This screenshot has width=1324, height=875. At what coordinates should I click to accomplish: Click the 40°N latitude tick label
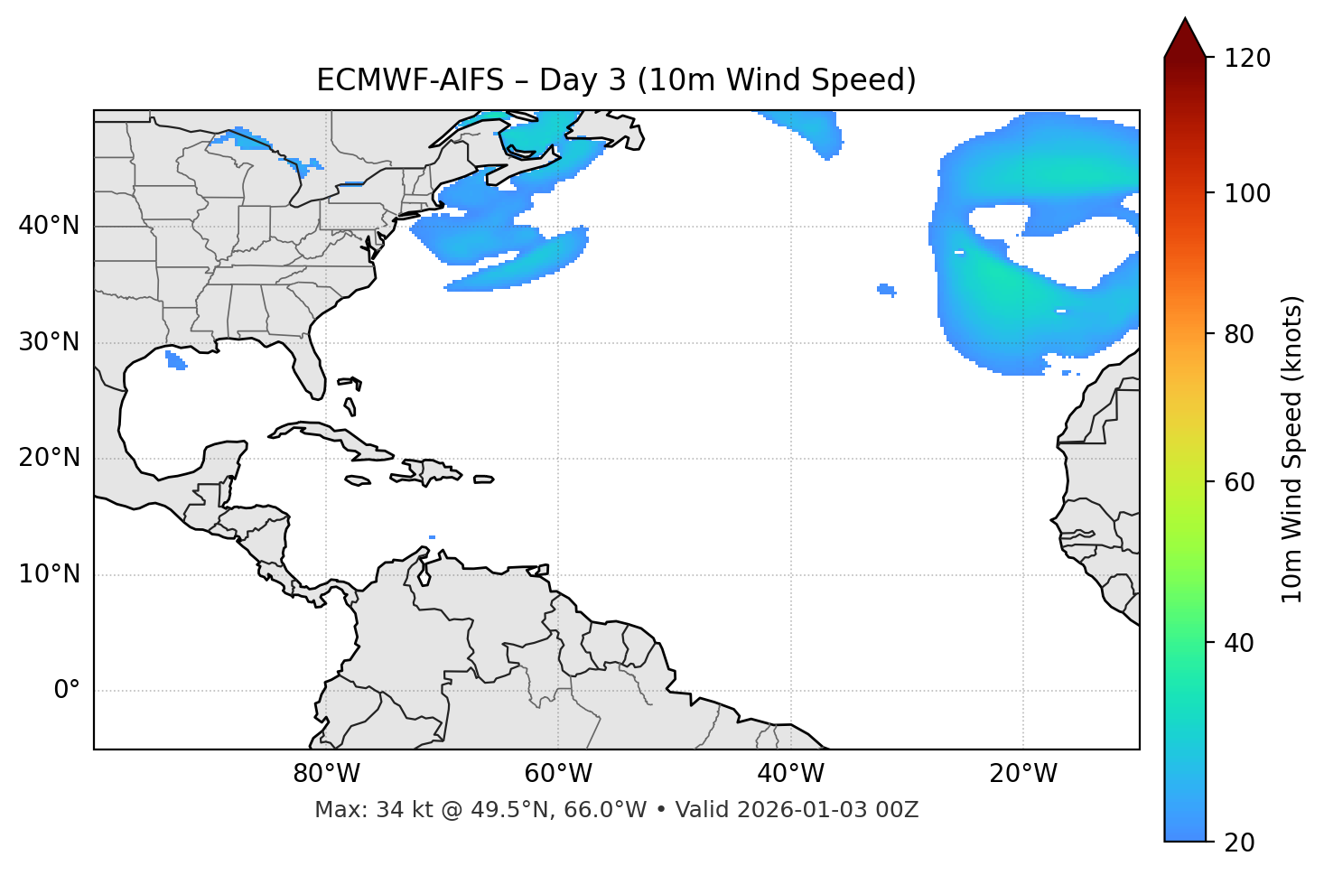pyautogui.click(x=49, y=226)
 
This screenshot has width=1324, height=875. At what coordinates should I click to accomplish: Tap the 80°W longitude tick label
pyautogui.click(x=326, y=774)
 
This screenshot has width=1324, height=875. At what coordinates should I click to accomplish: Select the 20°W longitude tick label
pyautogui.click(x=1023, y=774)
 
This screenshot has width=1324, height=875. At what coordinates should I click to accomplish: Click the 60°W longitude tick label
pyautogui.click(x=558, y=774)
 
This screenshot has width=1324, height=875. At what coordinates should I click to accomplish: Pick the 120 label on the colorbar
pyautogui.click(x=1247, y=59)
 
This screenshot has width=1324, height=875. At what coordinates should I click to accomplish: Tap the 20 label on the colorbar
pyautogui.click(x=1240, y=842)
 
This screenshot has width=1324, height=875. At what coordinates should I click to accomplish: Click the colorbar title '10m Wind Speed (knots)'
pyautogui.click(x=1292, y=449)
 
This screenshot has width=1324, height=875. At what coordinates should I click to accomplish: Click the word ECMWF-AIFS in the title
pyautogui.click(x=409, y=80)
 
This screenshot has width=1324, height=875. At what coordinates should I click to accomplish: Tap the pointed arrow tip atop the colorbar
pyautogui.click(x=1184, y=22)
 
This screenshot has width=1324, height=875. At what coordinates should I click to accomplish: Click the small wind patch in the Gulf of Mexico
pyautogui.click(x=176, y=360)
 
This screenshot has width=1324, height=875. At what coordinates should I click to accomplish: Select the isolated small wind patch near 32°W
pyautogui.click(x=887, y=290)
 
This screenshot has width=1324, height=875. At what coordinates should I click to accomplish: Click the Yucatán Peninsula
pyautogui.click(x=221, y=461)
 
